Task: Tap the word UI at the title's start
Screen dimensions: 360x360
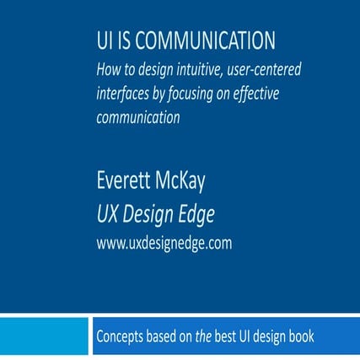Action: pos(105,40)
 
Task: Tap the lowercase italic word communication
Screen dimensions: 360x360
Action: pos(137,117)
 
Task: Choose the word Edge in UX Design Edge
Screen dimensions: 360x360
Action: pos(196,214)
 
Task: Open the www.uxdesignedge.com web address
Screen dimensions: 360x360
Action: pos(164,244)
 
